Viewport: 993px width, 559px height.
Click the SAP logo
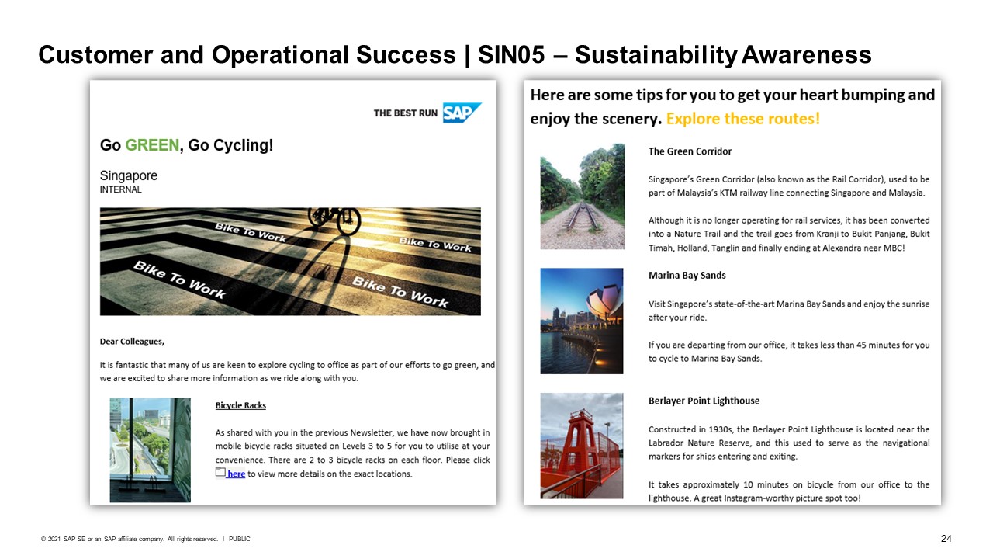point(462,113)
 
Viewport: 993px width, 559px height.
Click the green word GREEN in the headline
point(152,145)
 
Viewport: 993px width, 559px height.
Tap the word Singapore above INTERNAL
point(129,175)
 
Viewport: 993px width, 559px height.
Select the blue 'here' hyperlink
point(237,474)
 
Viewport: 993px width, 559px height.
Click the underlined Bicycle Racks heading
point(240,405)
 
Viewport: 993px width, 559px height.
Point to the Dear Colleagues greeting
point(132,342)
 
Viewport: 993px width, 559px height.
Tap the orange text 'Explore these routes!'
point(743,119)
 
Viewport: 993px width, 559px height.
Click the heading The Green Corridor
point(690,151)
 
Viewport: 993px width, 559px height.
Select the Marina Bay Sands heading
point(687,276)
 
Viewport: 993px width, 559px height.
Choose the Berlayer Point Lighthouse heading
point(704,401)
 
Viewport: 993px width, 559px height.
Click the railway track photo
point(582,196)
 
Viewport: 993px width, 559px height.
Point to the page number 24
point(946,539)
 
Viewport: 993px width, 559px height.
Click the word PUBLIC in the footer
point(240,539)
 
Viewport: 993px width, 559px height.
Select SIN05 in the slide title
point(511,55)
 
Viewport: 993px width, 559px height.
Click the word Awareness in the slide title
point(806,55)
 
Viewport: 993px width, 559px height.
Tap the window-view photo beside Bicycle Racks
point(151,450)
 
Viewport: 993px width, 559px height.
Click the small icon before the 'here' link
point(220,472)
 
